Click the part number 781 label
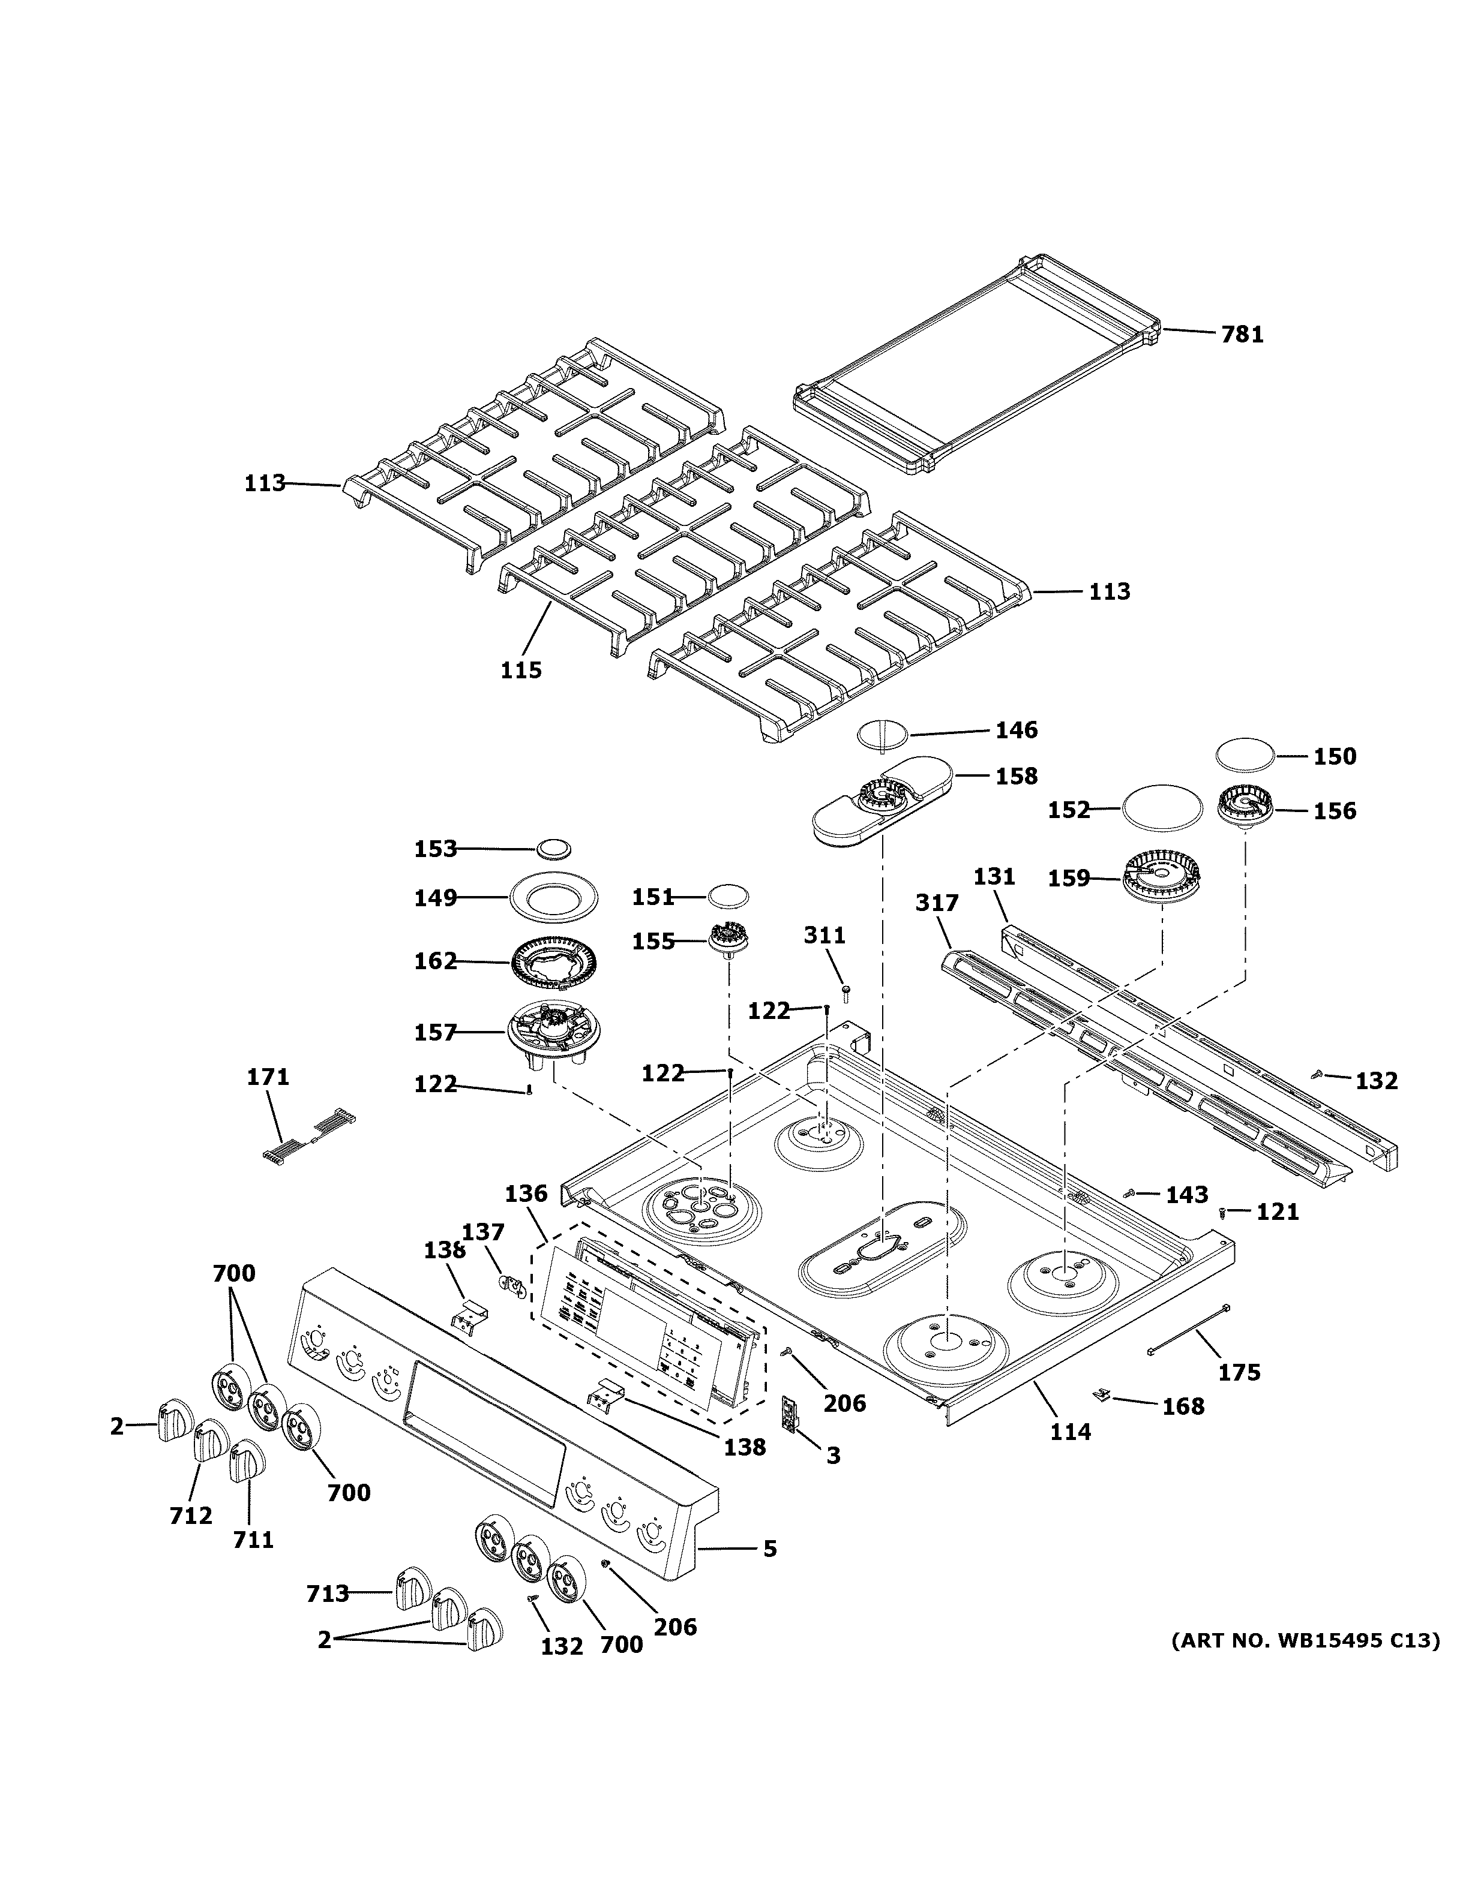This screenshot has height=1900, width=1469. coord(1242,334)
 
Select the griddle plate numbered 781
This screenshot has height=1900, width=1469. coord(975,365)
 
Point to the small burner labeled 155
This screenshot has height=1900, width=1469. coord(729,940)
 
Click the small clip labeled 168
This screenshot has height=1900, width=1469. coord(1102,1394)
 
